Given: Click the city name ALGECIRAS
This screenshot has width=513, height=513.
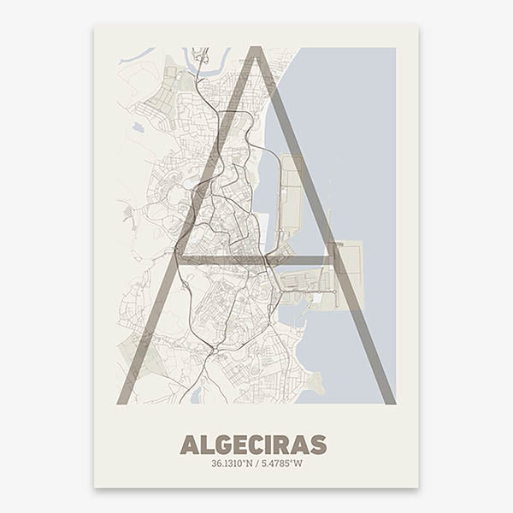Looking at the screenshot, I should [x=253, y=445].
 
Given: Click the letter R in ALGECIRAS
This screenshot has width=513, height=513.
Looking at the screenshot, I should [x=282, y=445].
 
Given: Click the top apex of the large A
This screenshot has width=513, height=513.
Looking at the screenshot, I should [x=255, y=51].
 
